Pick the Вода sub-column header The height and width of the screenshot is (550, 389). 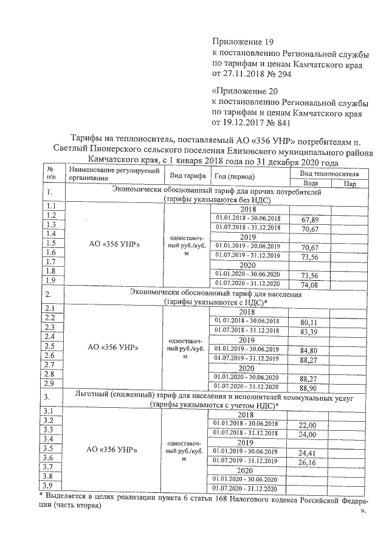click(310, 183)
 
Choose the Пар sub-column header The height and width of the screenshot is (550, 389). click(349, 183)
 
